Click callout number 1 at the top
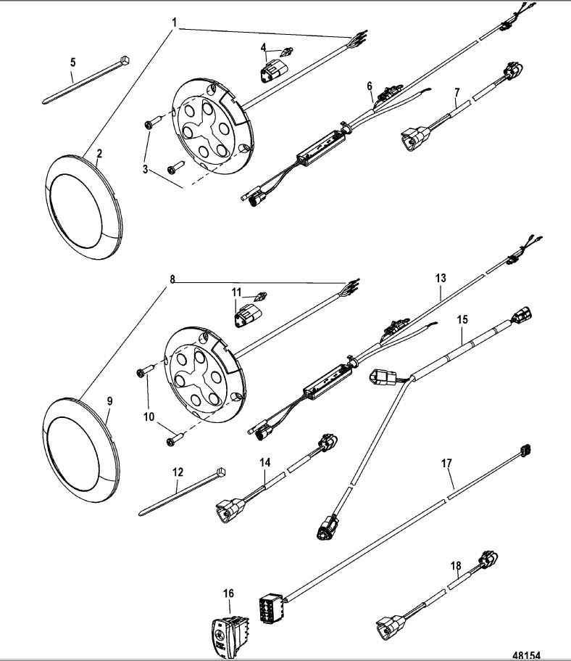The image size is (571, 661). point(175,23)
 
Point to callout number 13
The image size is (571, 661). point(441,278)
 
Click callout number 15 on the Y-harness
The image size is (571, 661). point(463,319)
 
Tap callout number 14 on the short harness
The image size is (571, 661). point(265,461)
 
